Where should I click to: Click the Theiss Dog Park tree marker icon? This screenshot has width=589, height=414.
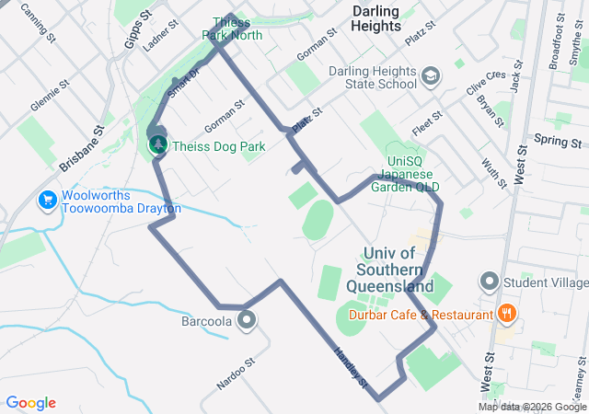[158, 144]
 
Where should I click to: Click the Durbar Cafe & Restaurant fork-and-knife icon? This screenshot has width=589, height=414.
[505, 315]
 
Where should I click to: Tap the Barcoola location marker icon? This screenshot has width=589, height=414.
[247, 320]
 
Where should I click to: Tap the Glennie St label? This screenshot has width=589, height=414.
[51, 95]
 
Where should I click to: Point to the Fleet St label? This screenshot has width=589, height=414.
[428, 125]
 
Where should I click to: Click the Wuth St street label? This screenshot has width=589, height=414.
[494, 172]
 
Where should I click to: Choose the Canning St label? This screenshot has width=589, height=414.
[34, 16]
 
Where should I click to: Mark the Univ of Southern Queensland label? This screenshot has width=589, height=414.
[398, 270]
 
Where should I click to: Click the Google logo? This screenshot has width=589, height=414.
[30, 403]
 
